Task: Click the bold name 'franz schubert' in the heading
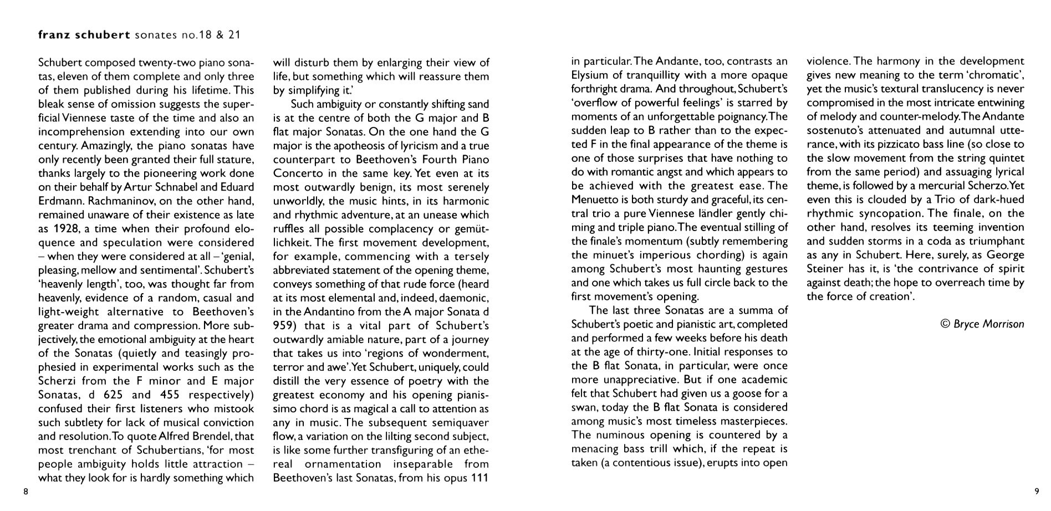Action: (x=83, y=35)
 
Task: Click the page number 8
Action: (x=25, y=491)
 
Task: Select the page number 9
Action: (x=1036, y=491)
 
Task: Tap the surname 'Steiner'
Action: (x=824, y=269)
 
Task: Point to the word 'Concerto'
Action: (x=295, y=173)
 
